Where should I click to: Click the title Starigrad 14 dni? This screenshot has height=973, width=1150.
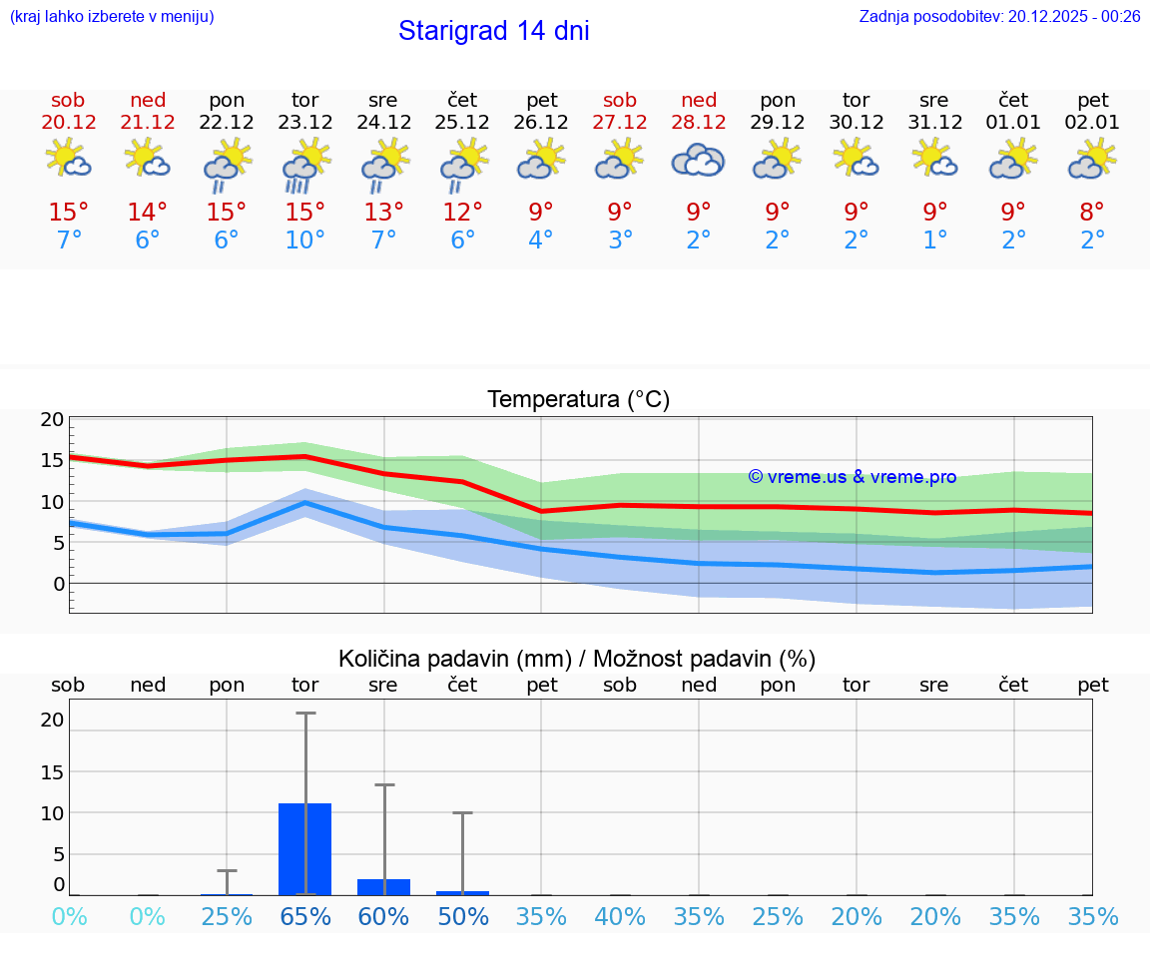point(493,31)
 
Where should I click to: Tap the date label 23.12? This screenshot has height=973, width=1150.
point(304,123)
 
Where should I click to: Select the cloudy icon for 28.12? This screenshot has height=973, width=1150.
point(698,160)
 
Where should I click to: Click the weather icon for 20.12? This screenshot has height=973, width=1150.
point(68,160)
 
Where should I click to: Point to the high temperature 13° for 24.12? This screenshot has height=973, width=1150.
point(383,212)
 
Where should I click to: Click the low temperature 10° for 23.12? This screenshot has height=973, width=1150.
point(304,241)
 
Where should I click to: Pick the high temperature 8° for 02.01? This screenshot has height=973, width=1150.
point(1092,212)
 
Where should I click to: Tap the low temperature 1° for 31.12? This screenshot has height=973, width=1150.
point(935,241)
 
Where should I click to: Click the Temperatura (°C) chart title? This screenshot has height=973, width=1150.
point(578,400)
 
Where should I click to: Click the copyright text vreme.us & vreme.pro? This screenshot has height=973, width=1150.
point(853,477)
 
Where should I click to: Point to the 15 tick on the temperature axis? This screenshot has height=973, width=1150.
point(52,460)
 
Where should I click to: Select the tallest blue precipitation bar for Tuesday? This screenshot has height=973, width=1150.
point(304,848)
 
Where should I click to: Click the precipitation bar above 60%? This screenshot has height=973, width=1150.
point(383,887)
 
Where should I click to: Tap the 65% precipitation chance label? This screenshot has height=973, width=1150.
point(304,916)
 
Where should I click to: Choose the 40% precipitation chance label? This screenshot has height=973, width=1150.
point(620,916)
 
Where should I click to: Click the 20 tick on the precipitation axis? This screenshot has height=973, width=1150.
point(52,720)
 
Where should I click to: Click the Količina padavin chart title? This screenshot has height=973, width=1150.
point(577,659)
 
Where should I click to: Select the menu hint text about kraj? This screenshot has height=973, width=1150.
point(111,16)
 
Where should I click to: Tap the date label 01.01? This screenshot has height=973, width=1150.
point(1013,123)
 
